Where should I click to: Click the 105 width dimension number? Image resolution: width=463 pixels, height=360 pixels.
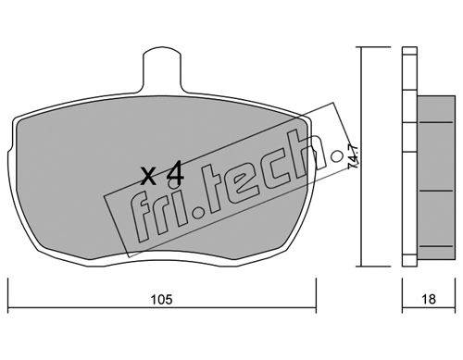162,300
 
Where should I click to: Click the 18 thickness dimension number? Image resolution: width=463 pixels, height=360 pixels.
429,299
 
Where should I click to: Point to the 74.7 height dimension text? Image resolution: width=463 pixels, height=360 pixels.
353,156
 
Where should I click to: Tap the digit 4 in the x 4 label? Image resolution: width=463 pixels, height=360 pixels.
175,176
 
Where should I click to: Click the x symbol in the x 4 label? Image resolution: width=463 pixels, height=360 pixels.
148,177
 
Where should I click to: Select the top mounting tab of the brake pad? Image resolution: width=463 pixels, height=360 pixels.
162,69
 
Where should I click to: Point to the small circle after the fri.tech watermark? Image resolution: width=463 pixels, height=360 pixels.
336,156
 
